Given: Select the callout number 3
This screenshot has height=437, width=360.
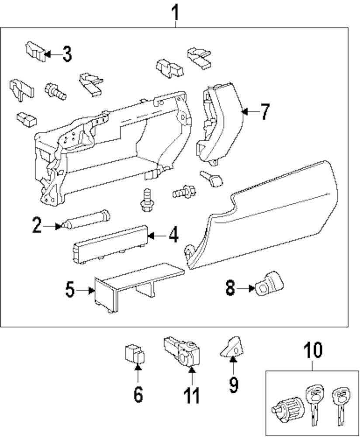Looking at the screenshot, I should coord(67,55).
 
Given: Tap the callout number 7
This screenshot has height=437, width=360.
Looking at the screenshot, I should coord(265,112).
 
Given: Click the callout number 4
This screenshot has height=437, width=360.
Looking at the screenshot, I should coord(173,236).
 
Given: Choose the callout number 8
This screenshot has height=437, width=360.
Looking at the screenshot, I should coord(230,288).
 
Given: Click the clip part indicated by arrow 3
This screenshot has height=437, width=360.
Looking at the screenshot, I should coord(35,50).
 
